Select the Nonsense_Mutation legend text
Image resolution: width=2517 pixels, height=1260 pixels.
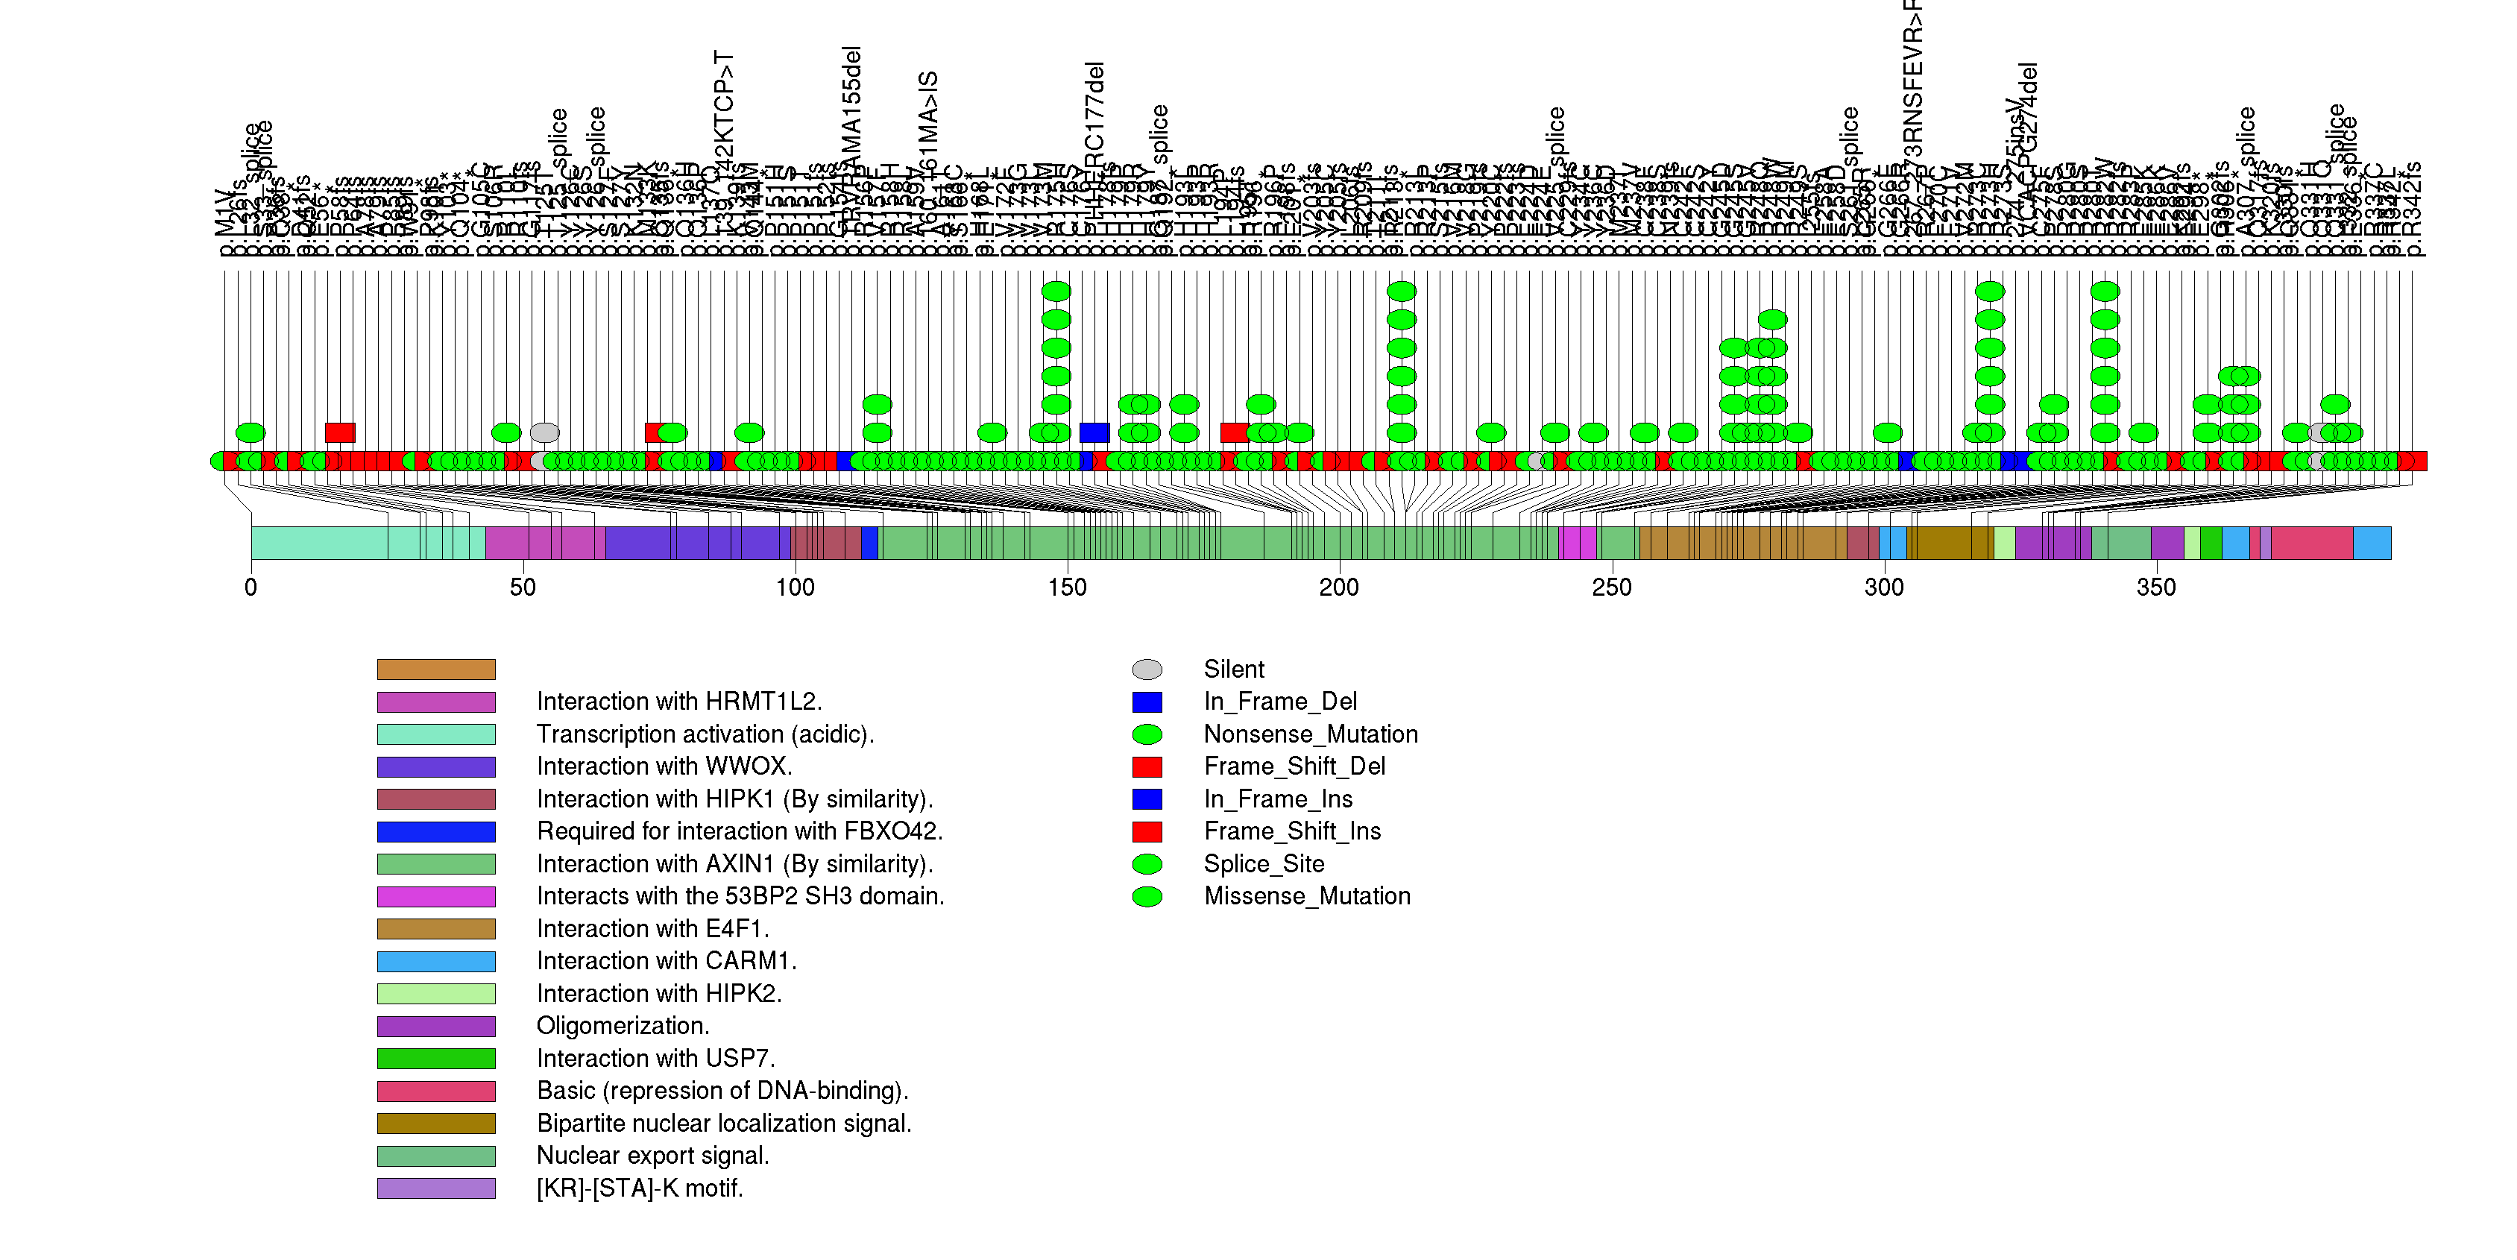(1310, 734)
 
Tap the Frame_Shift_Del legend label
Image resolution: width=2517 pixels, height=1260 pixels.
(1294, 766)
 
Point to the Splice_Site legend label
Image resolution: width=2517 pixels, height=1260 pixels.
(1264, 864)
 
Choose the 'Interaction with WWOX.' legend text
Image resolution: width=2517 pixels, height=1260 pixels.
(664, 766)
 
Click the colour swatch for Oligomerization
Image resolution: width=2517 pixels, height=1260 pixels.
(436, 1027)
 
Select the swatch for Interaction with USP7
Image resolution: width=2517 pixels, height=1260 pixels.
(436, 1059)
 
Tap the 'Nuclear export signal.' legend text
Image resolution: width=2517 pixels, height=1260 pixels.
(652, 1156)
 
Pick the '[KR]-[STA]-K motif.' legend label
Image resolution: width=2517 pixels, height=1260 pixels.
(640, 1188)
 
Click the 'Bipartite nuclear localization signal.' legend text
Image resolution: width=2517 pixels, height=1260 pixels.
(724, 1124)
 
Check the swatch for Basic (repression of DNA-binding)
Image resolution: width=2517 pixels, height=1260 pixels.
(436, 1091)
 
